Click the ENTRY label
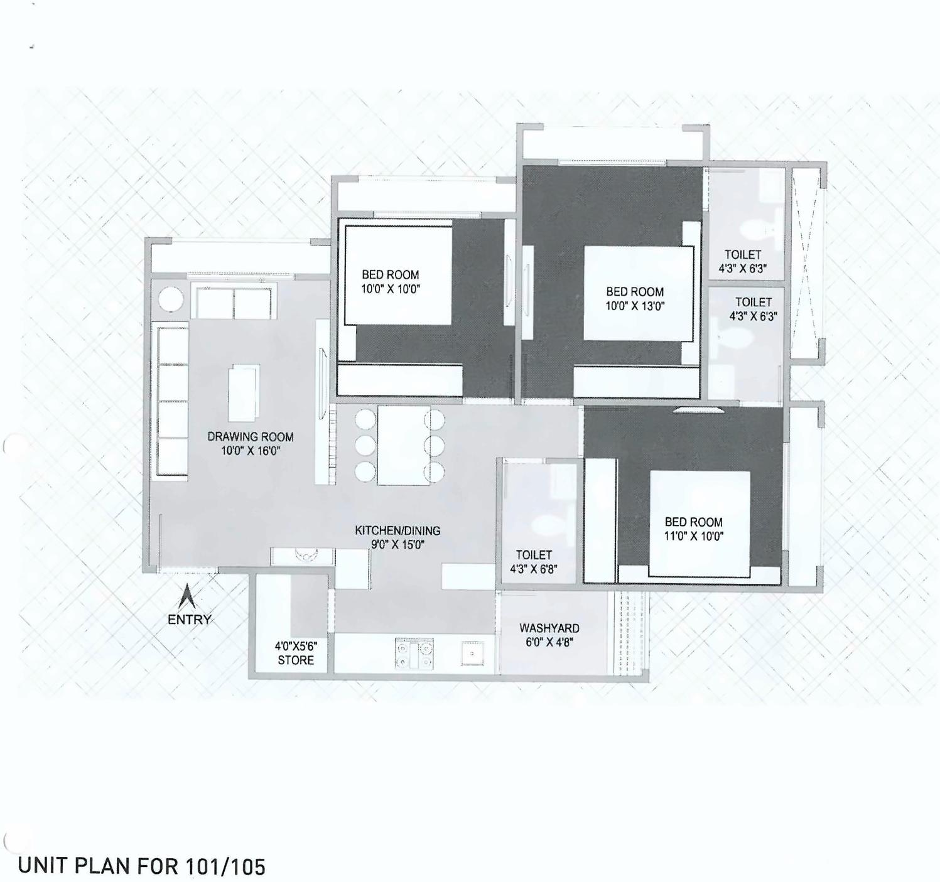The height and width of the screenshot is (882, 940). (x=189, y=620)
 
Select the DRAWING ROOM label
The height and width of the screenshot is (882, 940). (x=251, y=437)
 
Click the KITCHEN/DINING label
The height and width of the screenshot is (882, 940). (x=397, y=530)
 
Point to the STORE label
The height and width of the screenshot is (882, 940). (x=296, y=660)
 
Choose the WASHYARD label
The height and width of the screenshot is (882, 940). (x=549, y=628)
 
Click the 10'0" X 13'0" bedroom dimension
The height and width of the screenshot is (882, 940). (x=635, y=306)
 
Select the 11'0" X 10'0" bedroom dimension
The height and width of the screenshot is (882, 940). (x=694, y=536)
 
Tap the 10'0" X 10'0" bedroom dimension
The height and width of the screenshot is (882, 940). (x=390, y=289)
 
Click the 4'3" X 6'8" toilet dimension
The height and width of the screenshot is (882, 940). (x=534, y=569)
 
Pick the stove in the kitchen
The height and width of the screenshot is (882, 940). (x=414, y=653)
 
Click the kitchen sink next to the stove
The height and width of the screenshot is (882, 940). (x=472, y=653)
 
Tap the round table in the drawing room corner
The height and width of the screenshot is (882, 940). (x=171, y=299)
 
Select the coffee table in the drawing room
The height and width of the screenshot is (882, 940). (x=244, y=394)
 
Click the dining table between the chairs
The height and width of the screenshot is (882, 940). (x=403, y=445)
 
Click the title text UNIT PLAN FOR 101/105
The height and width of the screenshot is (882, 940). (x=142, y=866)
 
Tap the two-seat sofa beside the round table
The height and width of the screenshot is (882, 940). (x=234, y=303)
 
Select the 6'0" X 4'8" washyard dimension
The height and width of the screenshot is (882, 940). (x=549, y=642)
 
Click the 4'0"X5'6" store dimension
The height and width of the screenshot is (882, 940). (x=296, y=646)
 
